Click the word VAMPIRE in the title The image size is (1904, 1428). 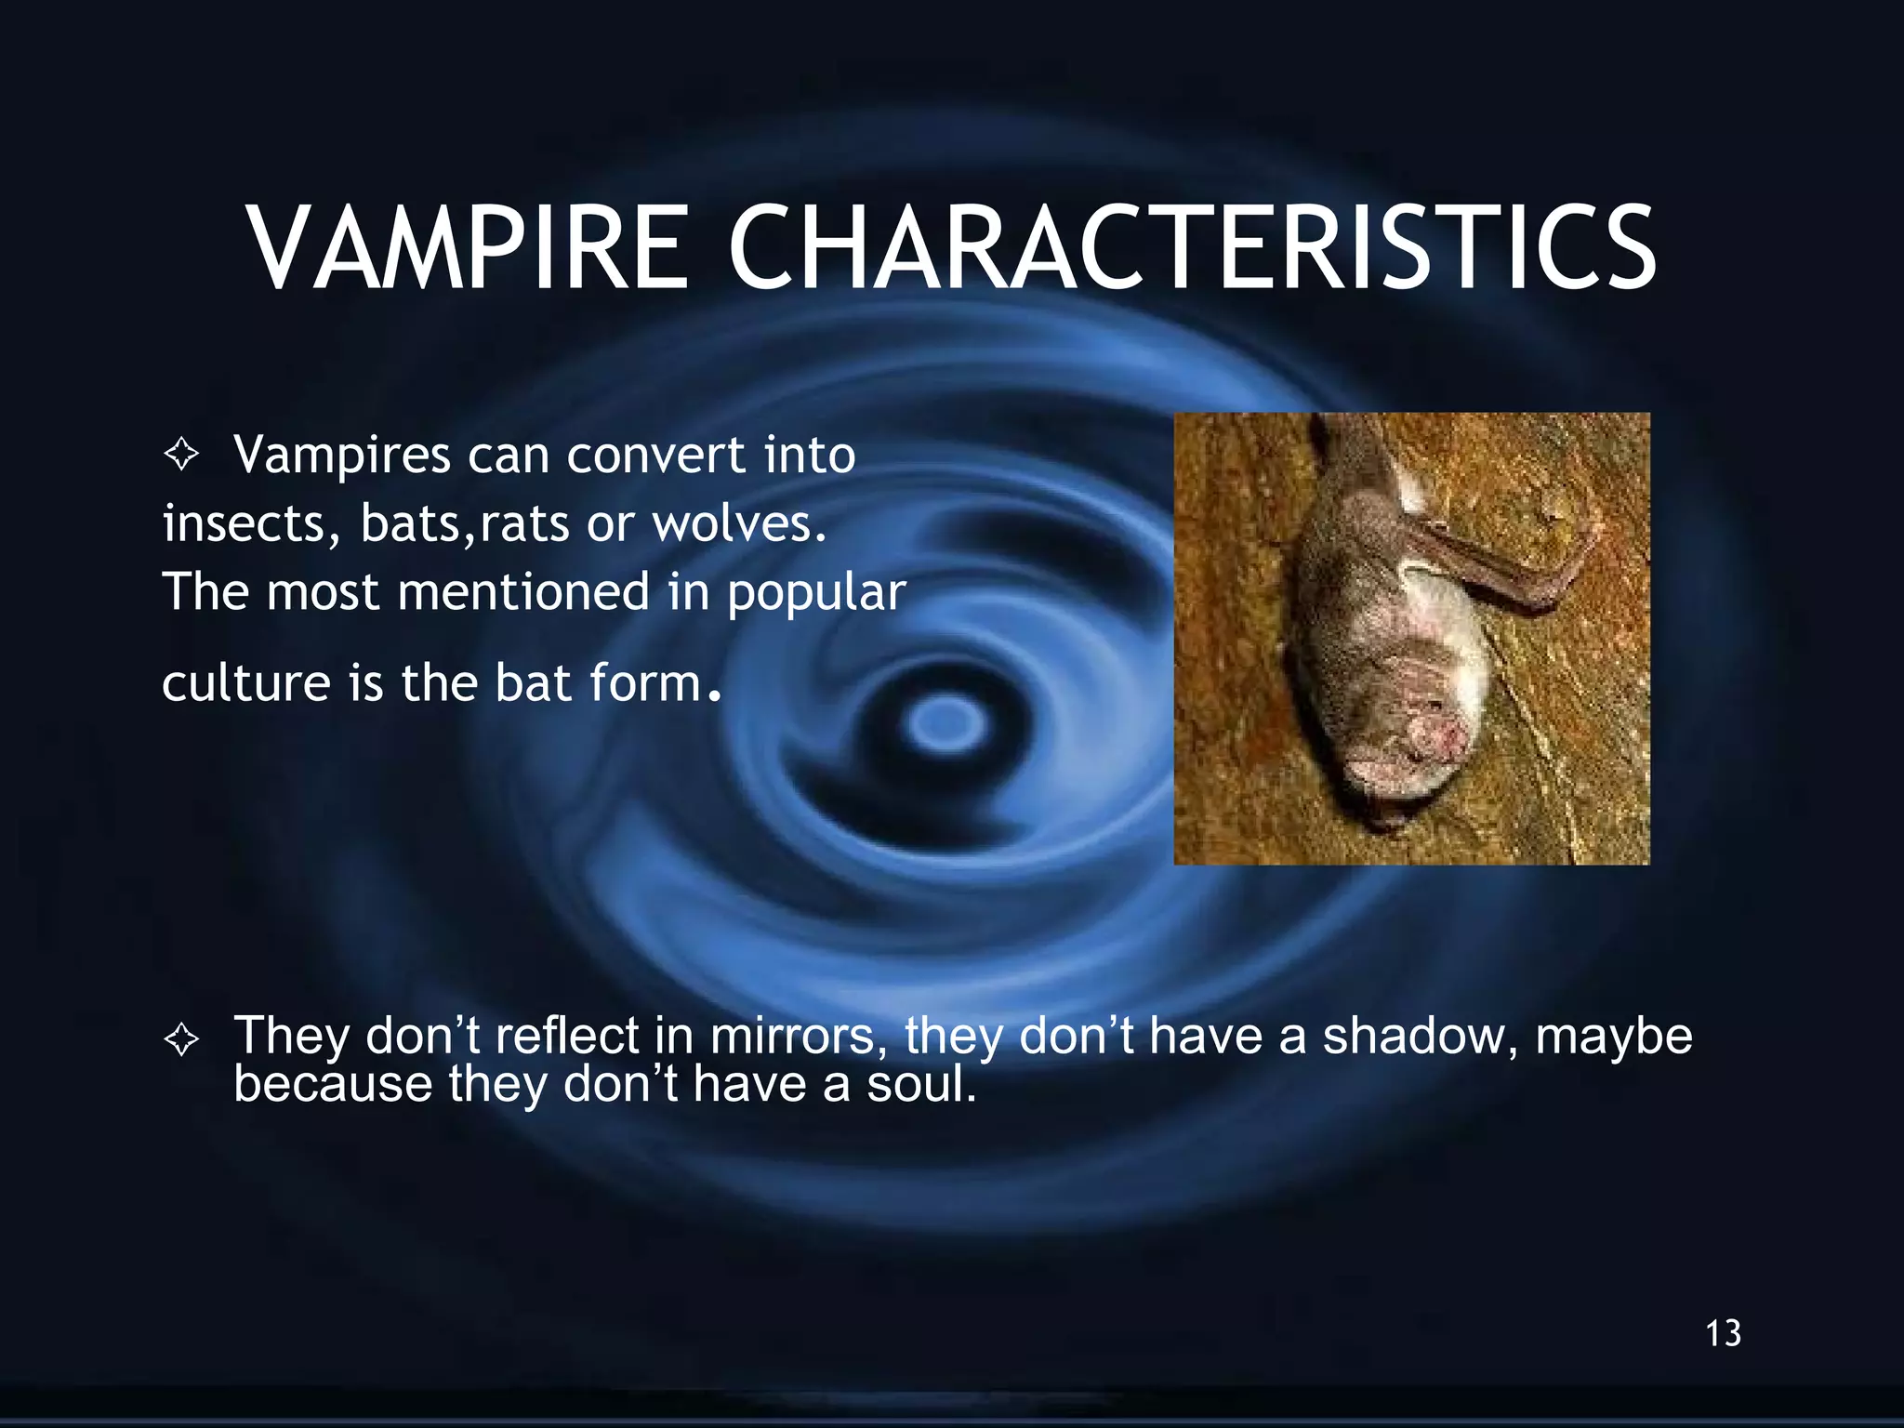pyautogui.click(x=468, y=249)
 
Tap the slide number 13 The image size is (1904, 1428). pyautogui.click(x=1723, y=1333)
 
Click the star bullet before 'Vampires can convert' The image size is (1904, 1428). pyautogui.click(x=181, y=455)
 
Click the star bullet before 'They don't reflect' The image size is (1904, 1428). pyautogui.click(x=181, y=1038)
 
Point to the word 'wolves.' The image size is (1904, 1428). pyautogui.click(x=739, y=523)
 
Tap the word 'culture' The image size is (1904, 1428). pyautogui.click(x=245, y=683)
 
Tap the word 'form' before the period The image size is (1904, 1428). pyautogui.click(x=645, y=683)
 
